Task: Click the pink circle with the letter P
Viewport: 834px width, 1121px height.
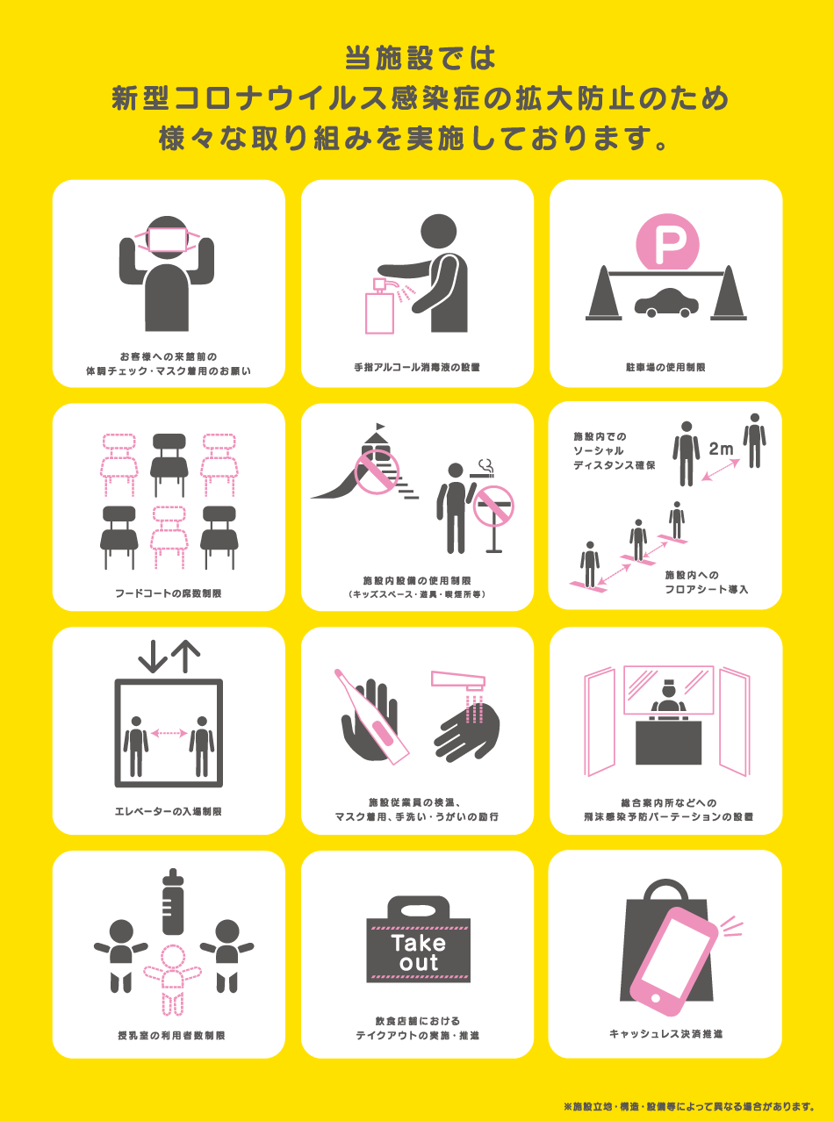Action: click(x=666, y=243)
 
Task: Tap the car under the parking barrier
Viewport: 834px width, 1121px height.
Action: click(x=666, y=302)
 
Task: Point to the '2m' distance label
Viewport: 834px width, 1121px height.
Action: click(x=720, y=449)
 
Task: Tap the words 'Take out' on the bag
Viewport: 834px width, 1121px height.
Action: click(x=417, y=952)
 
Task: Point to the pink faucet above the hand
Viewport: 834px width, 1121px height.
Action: click(x=470, y=680)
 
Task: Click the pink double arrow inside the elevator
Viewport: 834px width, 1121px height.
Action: click(x=169, y=732)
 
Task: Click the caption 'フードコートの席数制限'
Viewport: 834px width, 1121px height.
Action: click(x=169, y=593)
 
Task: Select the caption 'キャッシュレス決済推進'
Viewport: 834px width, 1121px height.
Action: click(x=665, y=1034)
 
